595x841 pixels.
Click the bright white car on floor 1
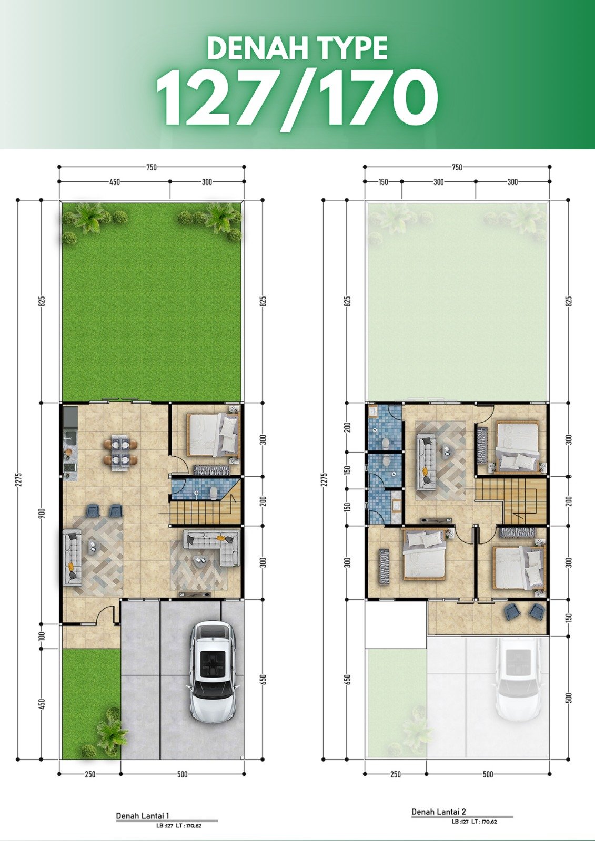coord(213,674)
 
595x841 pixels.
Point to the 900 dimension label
coord(42,513)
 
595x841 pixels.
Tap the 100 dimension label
coord(42,635)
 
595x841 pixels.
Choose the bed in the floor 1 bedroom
coord(213,435)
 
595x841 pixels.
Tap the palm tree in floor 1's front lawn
coord(111,732)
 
